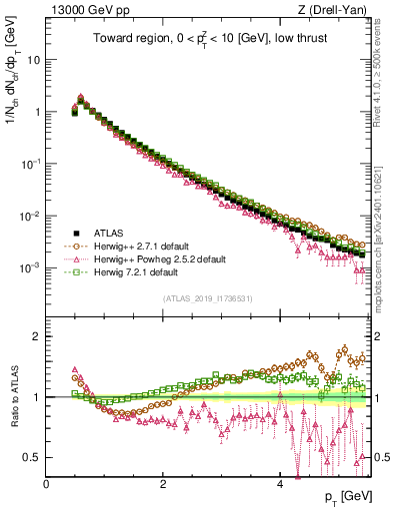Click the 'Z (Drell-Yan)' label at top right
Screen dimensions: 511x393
click(337, 11)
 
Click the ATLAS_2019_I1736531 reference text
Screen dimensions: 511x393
click(208, 297)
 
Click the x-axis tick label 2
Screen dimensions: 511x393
click(164, 483)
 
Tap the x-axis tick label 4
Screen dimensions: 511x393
click(281, 483)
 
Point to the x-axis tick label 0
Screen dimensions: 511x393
click(47, 483)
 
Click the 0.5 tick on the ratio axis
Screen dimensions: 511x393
click(33, 458)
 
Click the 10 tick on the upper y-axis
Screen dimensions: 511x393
click(33, 59)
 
